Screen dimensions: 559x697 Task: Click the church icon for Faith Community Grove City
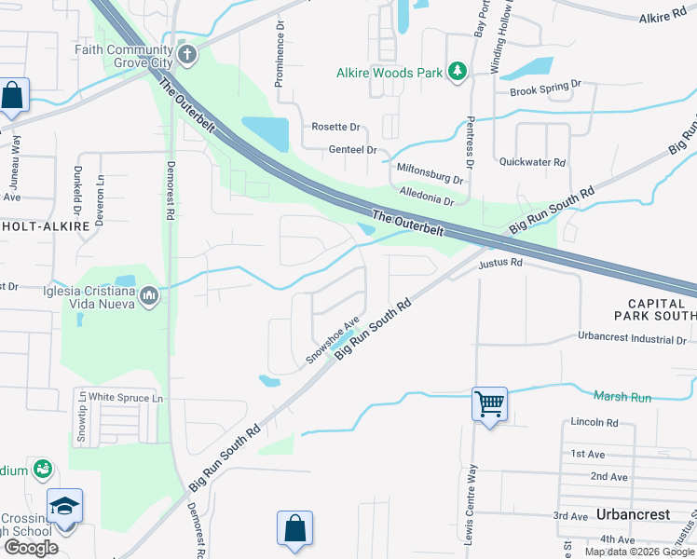point(186,54)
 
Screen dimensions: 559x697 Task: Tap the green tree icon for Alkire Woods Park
point(457,72)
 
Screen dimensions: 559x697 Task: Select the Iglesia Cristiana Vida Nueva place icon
point(149,297)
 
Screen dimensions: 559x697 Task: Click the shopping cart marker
point(489,404)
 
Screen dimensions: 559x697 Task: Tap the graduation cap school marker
point(64,505)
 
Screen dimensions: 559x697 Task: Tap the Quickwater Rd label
point(532,161)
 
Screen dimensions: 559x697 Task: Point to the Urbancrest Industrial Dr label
point(632,339)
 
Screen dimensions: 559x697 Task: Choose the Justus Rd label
point(500,264)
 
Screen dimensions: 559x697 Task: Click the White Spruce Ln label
point(126,399)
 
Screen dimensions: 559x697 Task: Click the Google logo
point(30,547)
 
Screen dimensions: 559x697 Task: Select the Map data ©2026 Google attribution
point(638,552)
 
